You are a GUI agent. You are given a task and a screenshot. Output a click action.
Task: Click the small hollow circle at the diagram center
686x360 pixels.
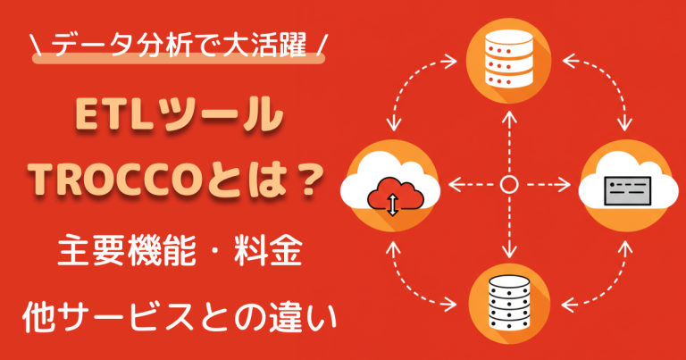pyautogui.click(x=508, y=185)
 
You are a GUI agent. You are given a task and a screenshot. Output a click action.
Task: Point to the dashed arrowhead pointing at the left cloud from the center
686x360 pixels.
pyautogui.click(x=453, y=185)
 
